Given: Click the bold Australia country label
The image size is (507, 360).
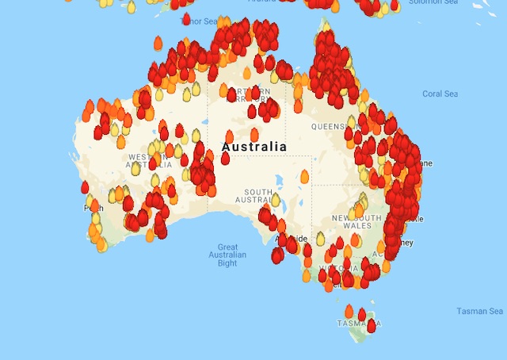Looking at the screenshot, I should point(254,147).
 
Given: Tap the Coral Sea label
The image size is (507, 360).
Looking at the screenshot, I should point(440,94).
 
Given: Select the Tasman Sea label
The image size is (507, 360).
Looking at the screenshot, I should point(479,312).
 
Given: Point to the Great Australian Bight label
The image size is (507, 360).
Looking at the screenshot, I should point(227,255).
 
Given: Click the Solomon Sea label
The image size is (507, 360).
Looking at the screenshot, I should point(433,3).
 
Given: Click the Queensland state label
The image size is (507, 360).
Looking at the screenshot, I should point(331,126).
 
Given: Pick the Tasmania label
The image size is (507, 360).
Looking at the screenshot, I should point(353,324).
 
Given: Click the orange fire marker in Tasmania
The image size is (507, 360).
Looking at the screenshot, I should point(349,310).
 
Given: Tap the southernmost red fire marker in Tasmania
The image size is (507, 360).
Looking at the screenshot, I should point(371,325).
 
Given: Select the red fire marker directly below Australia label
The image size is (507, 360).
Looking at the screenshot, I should point(225,158).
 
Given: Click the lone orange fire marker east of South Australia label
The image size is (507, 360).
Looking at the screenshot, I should point(304,176).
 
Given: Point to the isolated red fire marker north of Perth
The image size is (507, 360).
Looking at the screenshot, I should point(85,187).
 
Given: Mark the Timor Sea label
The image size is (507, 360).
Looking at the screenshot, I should point(200,21).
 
